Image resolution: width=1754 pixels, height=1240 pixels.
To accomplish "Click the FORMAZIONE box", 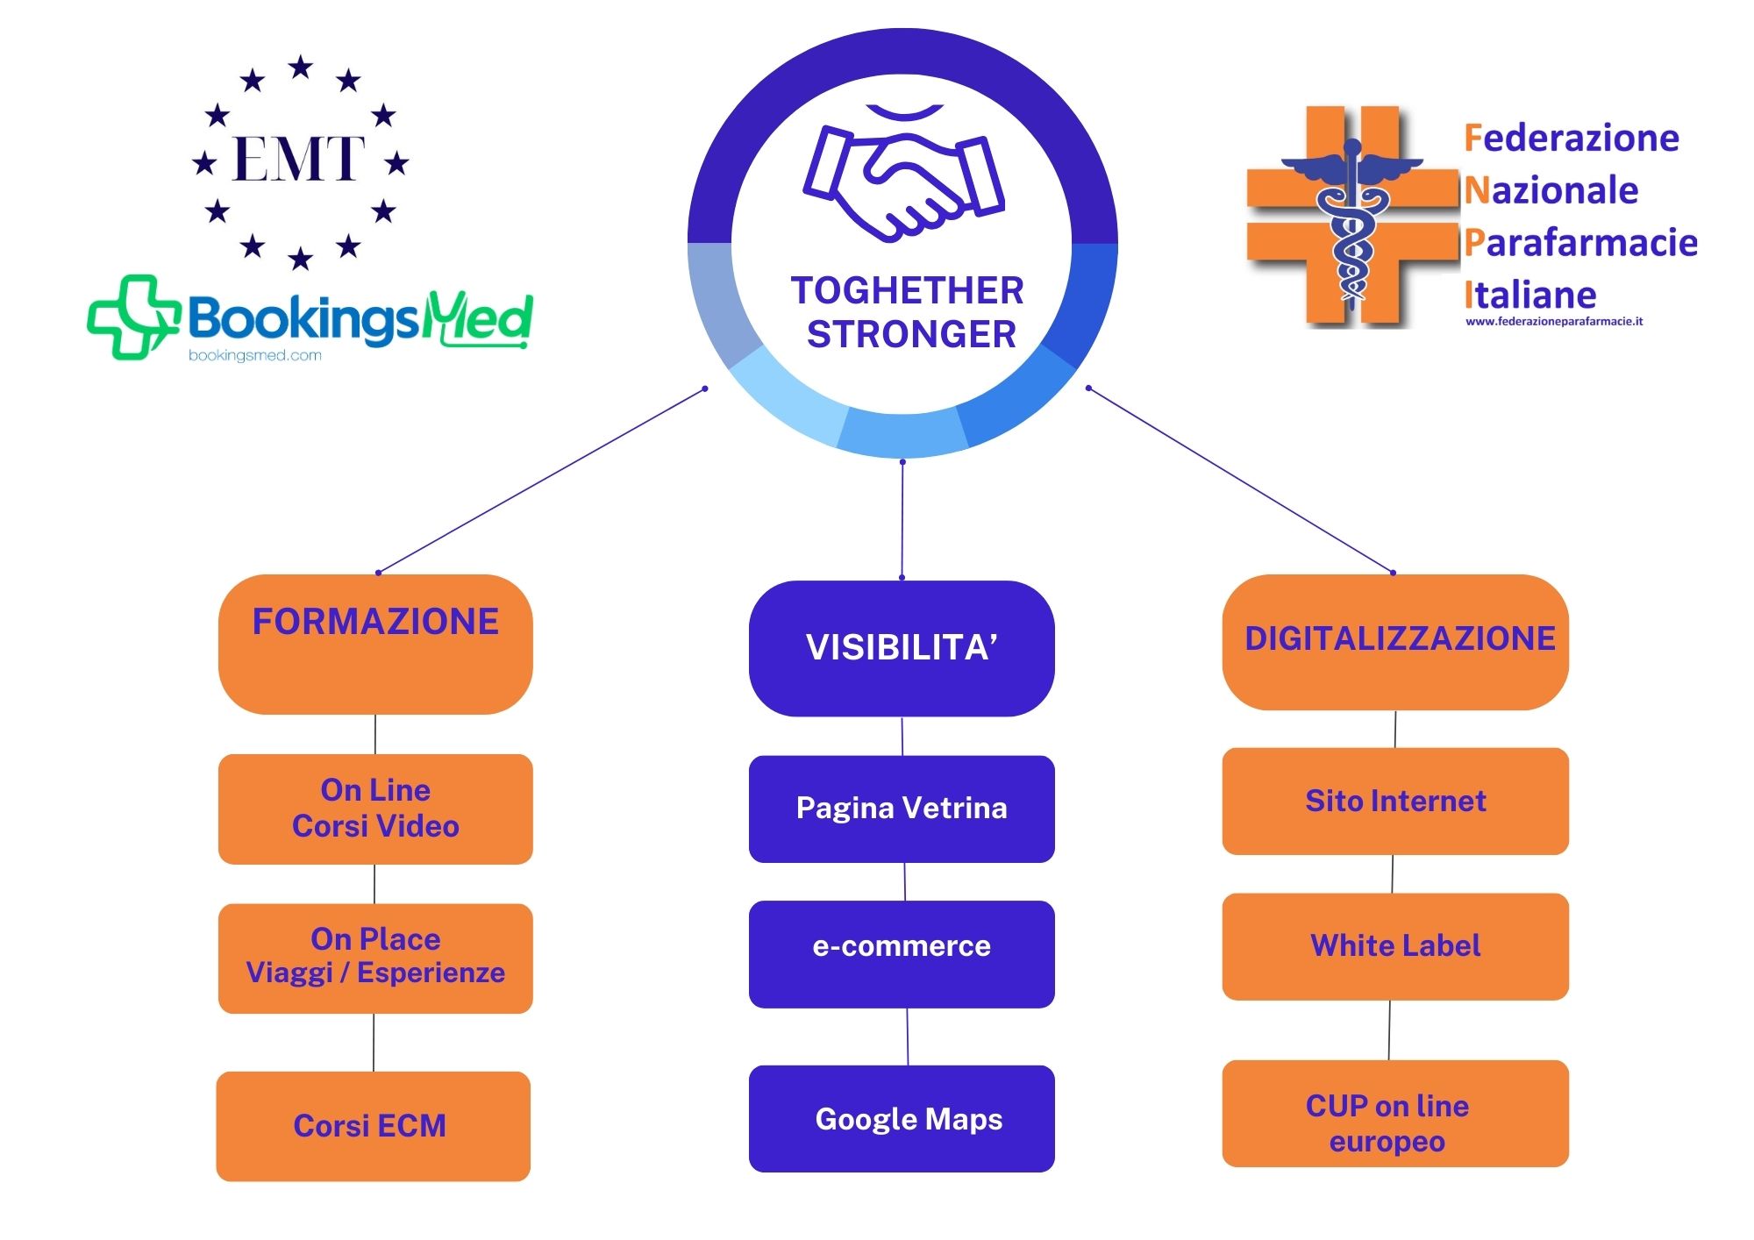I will pyautogui.click(x=375, y=644).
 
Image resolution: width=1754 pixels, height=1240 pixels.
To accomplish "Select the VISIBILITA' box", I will pyautogui.click(x=902, y=648).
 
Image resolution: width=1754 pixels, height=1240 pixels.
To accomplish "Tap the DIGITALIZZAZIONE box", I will pyautogui.click(x=1395, y=642).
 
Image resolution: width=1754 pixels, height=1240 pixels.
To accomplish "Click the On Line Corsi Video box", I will pyautogui.click(x=375, y=809).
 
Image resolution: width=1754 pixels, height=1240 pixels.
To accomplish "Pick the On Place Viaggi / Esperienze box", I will pyautogui.click(x=375, y=958).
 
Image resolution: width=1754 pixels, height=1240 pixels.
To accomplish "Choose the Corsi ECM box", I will pyautogui.click(x=373, y=1126).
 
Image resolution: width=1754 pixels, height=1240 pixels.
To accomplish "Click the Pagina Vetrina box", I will pyautogui.click(x=902, y=809).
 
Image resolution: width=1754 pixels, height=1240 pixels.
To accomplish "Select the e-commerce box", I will pyautogui.click(x=902, y=954).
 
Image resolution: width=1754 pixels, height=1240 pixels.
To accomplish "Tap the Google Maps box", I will pyautogui.click(x=902, y=1118).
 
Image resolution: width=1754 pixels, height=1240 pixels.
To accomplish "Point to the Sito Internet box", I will pyautogui.click(x=1395, y=801).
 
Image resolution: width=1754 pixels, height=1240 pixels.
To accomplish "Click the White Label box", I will pyautogui.click(x=1395, y=946).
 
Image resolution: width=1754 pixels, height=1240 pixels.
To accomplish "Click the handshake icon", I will pyautogui.click(x=903, y=180).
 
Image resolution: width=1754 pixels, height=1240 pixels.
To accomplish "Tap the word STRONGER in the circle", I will pyautogui.click(x=911, y=335).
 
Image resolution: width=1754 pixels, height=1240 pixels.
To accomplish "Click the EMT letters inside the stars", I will pyautogui.click(x=299, y=159).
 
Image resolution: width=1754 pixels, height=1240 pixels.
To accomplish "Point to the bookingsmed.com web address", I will pyautogui.click(x=254, y=356).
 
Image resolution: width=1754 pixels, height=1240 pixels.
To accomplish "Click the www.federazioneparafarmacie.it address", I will pyautogui.click(x=1554, y=322).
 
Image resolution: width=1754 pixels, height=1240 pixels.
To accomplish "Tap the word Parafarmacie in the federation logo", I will pyautogui.click(x=1581, y=243).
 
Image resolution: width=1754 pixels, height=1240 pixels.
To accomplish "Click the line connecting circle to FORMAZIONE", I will pyautogui.click(x=541, y=481).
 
